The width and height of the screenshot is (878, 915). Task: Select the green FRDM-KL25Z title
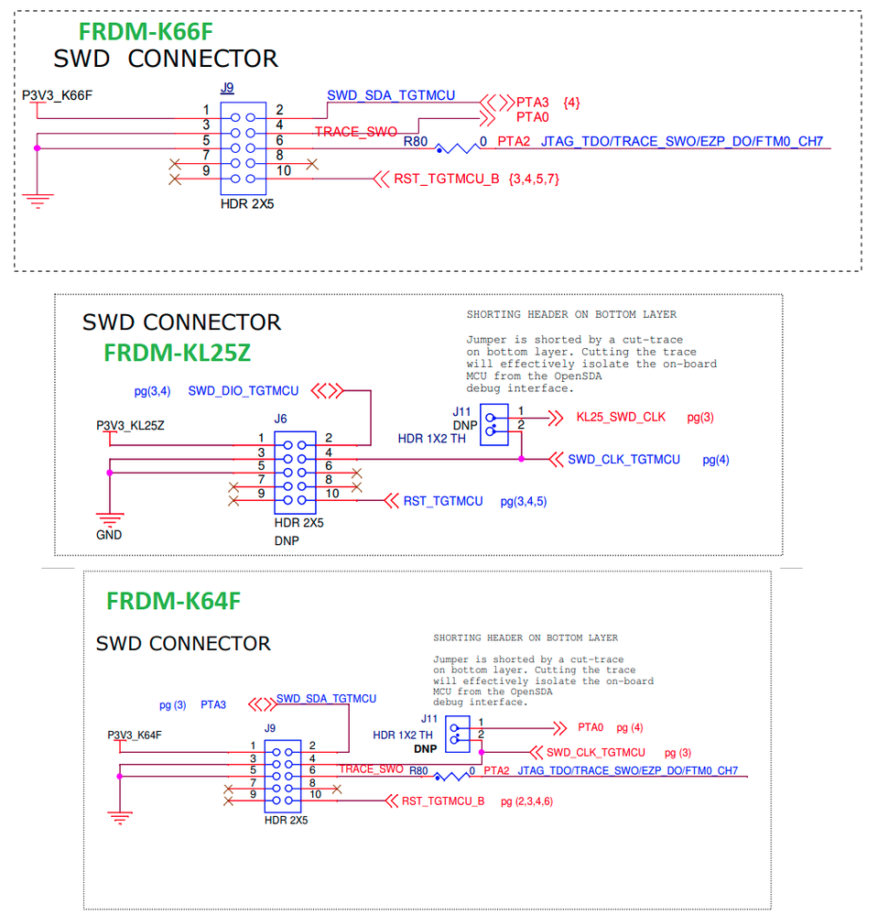point(177,353)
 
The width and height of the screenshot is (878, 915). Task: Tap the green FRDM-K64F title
point(173,601)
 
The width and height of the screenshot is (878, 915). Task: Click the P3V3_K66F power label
point(58,95)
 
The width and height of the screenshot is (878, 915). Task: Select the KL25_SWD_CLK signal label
point(621,417)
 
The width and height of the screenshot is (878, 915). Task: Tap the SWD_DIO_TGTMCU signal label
point(244,391)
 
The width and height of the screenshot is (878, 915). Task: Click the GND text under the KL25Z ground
point(109,535)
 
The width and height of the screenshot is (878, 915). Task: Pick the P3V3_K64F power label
point(141,735)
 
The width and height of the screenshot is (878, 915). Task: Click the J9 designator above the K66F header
point(227,89)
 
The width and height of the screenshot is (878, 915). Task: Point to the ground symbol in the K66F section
point(37,197)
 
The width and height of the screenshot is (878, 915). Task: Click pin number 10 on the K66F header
point(284,170)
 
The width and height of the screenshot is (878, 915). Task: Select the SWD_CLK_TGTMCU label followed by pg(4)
point(623,459)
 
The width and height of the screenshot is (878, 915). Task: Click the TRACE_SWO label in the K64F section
point(371,769)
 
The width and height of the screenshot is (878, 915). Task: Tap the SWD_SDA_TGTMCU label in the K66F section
point(391,95)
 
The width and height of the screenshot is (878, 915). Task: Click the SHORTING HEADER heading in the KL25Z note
point(571,315)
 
